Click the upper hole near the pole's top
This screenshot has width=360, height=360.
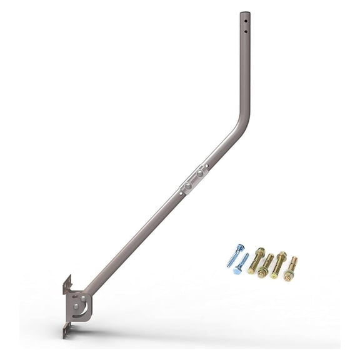(246, 21)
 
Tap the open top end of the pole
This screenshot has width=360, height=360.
(245, 12)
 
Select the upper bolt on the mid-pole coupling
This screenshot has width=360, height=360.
(200, 173)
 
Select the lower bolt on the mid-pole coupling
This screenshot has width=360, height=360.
(187, 186)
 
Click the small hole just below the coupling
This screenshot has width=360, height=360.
(180, 193)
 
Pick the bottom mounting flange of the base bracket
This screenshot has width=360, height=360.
(66, 330)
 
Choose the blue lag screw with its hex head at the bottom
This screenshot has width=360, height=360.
(241, 264)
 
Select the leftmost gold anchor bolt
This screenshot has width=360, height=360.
(256, 261)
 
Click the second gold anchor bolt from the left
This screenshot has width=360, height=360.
(266, 266)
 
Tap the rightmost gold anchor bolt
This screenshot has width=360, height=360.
(291, 269)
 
